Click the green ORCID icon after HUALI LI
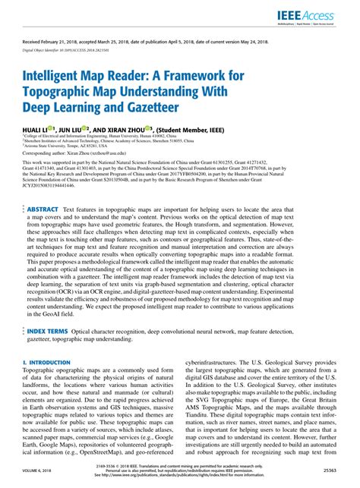coord(51,130)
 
